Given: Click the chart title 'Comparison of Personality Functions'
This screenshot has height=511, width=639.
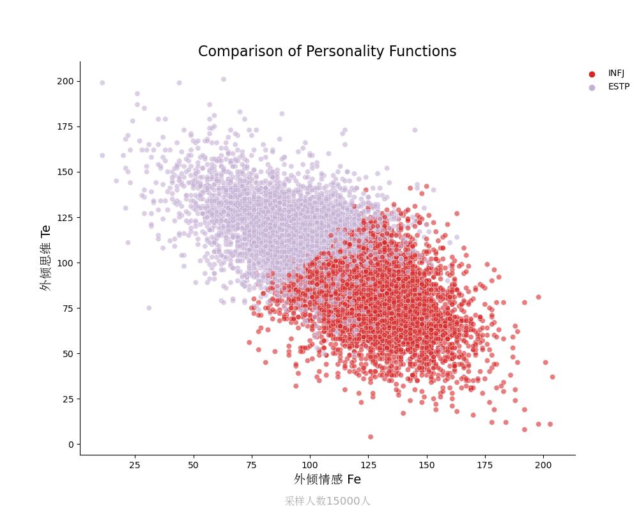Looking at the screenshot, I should point(327,52).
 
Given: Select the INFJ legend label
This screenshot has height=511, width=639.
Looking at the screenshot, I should point(616,73).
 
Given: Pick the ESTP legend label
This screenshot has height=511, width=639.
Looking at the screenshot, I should point(619,87).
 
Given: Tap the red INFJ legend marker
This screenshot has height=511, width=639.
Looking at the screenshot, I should point(592,74).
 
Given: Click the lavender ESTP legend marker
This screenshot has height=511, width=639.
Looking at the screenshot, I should point(592,88).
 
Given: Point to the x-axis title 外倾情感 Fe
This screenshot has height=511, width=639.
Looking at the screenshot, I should point(327,479).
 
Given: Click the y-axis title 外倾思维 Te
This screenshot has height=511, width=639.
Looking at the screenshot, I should point(45,258).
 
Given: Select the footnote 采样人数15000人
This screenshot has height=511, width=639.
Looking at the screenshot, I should point(327,501).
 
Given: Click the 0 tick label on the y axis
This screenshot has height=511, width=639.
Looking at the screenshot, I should point(71,445).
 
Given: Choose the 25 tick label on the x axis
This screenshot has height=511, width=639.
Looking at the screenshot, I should point(135,466).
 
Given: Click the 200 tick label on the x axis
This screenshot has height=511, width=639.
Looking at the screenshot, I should point(543,466).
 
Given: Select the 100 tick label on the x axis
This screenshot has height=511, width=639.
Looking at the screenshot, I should point(310,466).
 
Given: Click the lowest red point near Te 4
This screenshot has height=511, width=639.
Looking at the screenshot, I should point(371,437).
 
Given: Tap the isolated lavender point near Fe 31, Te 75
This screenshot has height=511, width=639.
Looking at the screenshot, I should point(149,308).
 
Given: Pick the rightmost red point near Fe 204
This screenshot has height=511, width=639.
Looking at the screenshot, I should point(552,377).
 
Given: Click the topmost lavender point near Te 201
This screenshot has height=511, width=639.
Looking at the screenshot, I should point(224,80).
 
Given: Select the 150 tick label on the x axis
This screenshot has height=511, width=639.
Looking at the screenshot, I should point(427,466).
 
